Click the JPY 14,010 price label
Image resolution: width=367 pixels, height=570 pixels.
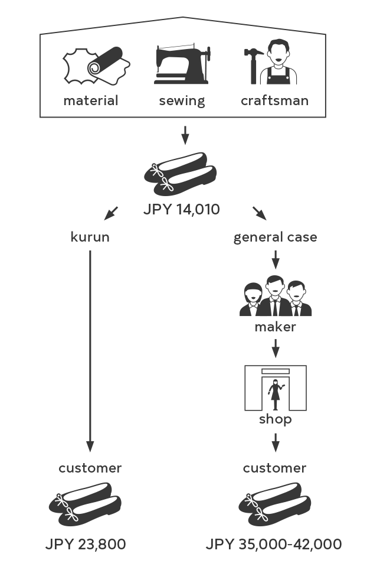(x=181, y=210)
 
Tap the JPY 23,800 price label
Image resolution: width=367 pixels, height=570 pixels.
(x=86, y=545)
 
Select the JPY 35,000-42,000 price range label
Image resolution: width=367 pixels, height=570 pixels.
(x=273, y=545)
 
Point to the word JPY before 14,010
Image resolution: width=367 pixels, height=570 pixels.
(x=156, y=210)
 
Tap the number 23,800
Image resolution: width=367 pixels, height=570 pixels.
(x=101, y=545)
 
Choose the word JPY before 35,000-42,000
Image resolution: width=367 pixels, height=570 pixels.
(x=220, y=545)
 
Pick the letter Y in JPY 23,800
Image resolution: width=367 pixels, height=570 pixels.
(x=68, y=545)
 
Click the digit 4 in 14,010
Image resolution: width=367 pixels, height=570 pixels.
(x=188, y=210)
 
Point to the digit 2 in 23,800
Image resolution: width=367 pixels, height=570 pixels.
(x=83, y=545)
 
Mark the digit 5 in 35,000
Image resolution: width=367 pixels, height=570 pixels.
(x=250, y=545)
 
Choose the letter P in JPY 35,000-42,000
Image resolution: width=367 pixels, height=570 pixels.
(x=219, y=545)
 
